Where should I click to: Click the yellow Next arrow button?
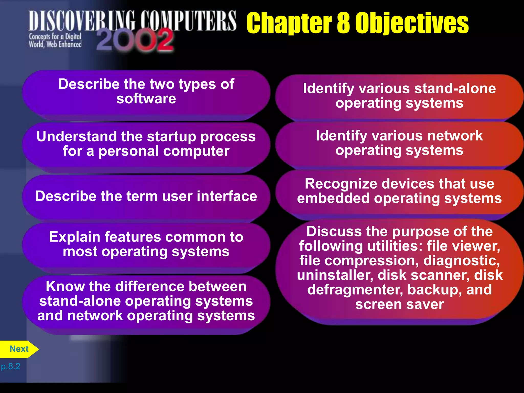[x=19, y=349]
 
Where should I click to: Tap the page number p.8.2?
[x=11, y=366]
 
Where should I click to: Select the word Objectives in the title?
[x=412, y=24]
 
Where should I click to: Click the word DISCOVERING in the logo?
[x=82, y=21]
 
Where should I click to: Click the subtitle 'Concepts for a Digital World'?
[x=55, y=40]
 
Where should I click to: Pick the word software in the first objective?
[x=146, y=99]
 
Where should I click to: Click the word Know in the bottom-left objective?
[x=65, y=286]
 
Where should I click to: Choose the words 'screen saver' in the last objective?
[x=400, y=304]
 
